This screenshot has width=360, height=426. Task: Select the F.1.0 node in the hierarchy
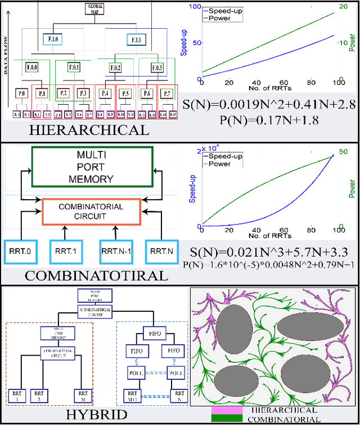pyautogui.click(x=53, y=40)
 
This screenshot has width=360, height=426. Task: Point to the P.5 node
pyautogui.click(x=125, y=93)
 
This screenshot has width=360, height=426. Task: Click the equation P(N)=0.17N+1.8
pyautogui.click(x=267, y=120)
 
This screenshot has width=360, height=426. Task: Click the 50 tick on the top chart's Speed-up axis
pyautogui.click(x=196, y=43)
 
